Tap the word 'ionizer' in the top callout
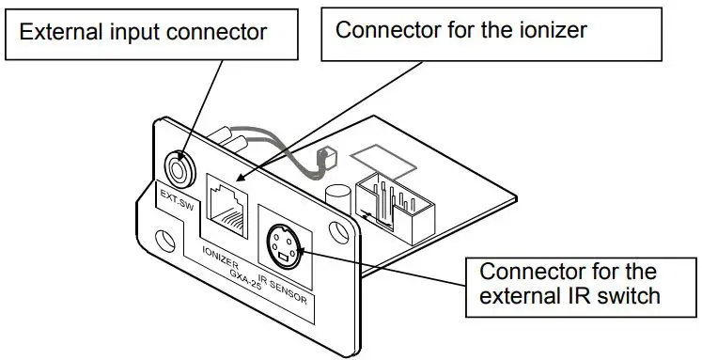tap(554, 30)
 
